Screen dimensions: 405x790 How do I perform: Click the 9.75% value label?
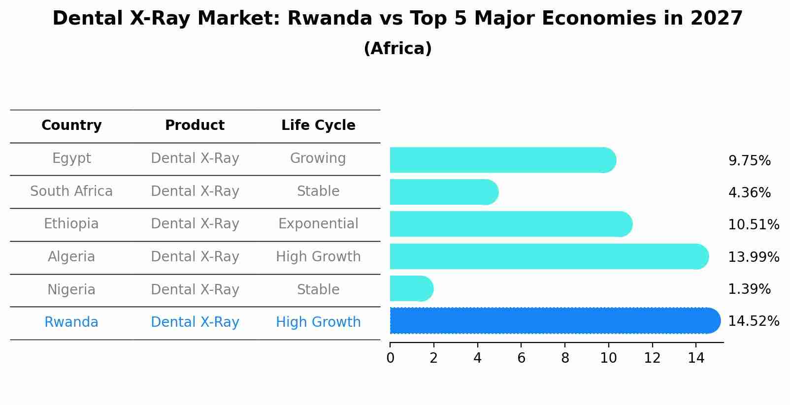(x=749, y=161)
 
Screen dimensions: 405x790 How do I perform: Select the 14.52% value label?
(x=754, y=321)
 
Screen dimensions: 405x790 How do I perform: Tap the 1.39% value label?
(x=749, y=289)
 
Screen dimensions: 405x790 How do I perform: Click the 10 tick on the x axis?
(x=608, y=358)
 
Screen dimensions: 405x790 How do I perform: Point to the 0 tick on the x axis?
(x=390, y=358)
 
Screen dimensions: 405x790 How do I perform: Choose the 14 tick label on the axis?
(x=696, y=358)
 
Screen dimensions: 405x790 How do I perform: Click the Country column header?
(x=71, y=125)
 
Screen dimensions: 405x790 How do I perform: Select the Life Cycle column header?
(x=318, y=125)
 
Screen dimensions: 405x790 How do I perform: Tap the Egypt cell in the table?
(x=71, y=158)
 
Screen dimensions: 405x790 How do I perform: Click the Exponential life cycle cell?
(x=318, y=224)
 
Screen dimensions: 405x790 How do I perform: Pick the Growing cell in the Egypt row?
(x=318, y=158)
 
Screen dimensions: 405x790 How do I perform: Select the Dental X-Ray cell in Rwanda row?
(x=195, y=322)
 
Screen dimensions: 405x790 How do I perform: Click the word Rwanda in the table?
(x=71, y=322)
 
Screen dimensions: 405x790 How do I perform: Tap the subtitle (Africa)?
(x=397, y=49)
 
